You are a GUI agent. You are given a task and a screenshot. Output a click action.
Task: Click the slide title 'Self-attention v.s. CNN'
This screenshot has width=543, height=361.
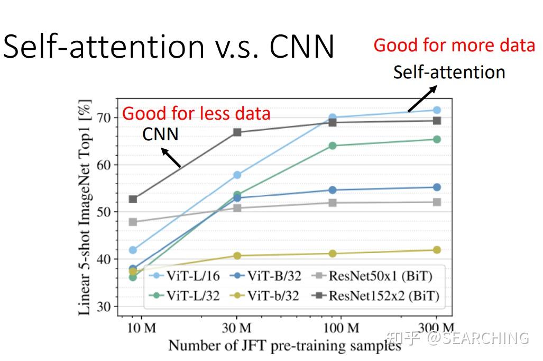pos(169,47)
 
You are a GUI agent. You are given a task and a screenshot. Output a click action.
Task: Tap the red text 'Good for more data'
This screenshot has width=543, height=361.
pos(454,46)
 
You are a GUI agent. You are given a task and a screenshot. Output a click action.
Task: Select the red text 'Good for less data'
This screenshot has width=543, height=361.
pos(196,113)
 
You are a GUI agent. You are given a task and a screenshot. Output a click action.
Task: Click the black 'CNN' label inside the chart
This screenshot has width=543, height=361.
pos(160,134)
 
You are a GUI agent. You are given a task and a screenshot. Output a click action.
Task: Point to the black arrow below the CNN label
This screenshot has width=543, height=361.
pos(171,158)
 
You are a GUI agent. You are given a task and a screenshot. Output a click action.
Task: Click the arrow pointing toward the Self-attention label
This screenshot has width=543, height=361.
pos(421,99)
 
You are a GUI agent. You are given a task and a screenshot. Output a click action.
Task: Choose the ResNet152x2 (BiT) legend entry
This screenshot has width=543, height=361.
pos(375,296)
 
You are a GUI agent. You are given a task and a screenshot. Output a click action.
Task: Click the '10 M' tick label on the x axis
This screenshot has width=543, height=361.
pos(142,329)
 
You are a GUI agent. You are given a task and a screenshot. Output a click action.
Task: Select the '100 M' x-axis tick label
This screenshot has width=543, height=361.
pos(340,329)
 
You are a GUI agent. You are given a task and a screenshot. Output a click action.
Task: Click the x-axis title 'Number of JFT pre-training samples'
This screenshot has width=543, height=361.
pos(284,346)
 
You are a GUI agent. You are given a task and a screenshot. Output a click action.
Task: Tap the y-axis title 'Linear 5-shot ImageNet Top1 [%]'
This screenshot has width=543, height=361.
pos(85,207)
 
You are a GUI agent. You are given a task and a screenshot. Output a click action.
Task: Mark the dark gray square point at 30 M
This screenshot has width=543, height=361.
pos(237,132)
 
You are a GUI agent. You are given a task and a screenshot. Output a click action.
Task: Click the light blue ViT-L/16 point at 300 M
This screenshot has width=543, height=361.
pos(437,110)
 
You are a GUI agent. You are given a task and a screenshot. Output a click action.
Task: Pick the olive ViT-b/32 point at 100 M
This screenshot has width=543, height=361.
pos(333,254)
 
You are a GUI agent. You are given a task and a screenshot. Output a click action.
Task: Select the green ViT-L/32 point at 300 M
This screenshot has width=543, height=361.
pos(437,139)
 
